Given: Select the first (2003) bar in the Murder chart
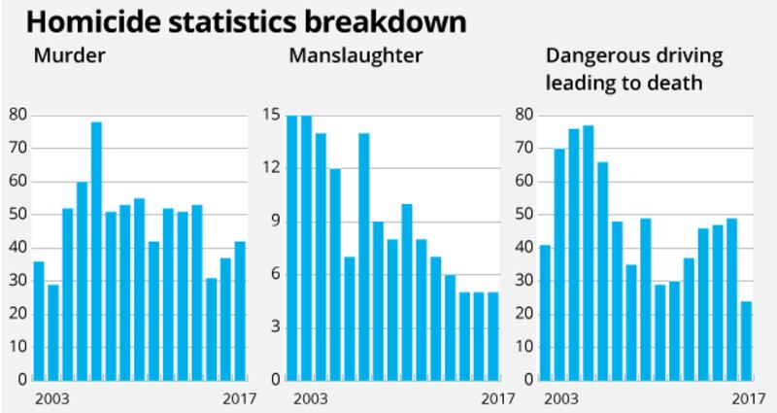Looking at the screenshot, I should [x=39, y=320].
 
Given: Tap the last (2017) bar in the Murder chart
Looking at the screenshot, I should [x=240, y=310].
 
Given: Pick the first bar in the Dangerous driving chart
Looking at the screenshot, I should [x=545, y=312].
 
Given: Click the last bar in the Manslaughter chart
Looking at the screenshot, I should [x=493, y=335].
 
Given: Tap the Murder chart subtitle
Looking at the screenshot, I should [x=69, y=54].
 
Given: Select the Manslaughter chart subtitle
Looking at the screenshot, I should [x=355, y=54].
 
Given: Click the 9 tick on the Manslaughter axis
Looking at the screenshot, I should [x=275, y=221].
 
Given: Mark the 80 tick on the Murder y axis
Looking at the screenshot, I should [x=17, y=116].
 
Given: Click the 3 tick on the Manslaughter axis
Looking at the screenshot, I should [x=275, y=327].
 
